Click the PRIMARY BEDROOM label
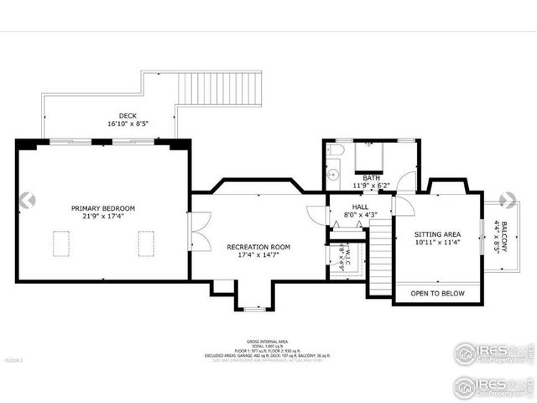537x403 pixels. pos(102,208)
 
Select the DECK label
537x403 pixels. pos(128,116)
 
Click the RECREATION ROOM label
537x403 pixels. pos(258,247)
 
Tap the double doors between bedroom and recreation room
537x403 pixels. pos(198,228)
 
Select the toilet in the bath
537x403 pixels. pos(336,149)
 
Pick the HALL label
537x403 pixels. pos(360,206)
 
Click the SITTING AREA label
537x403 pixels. pos(438,234)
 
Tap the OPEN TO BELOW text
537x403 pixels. pos(437,293)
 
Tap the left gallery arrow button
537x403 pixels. pos(27,200)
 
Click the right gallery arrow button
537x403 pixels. pos(508,200)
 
